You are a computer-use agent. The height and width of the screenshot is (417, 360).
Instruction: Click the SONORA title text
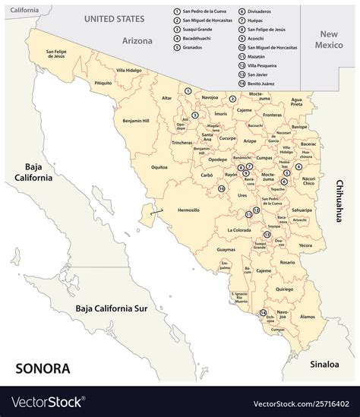(x=43, y=369)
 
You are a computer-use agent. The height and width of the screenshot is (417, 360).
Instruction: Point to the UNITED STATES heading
(x=115, y=17)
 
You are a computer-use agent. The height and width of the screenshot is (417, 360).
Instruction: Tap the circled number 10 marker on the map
(x=222, y=188)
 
